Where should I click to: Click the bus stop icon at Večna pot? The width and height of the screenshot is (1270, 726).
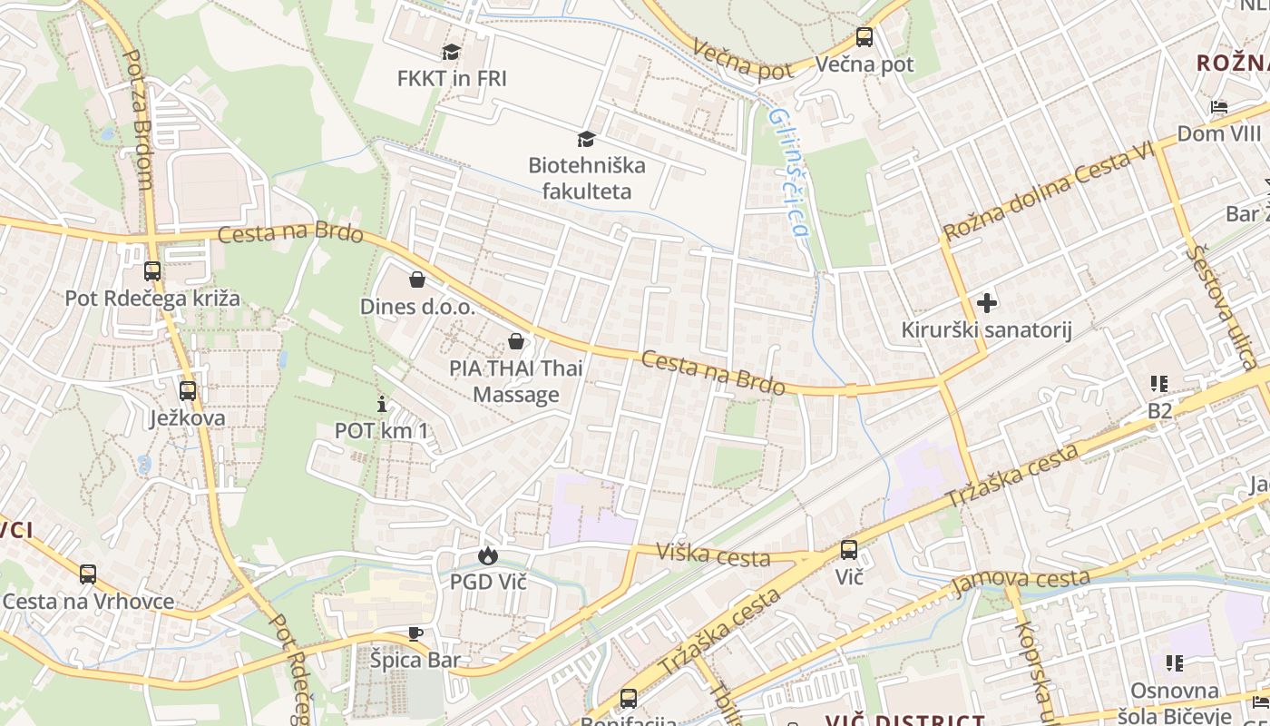pos(865,37)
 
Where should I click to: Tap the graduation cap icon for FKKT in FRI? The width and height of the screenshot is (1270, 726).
pos(451,52)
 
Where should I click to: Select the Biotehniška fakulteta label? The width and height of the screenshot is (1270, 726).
pos(587,178)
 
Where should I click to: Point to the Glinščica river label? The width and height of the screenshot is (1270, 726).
pos(786,172)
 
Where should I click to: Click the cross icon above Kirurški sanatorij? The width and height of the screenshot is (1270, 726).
pos(986,302)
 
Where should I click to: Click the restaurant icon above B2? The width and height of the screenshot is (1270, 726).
pos(1159,384)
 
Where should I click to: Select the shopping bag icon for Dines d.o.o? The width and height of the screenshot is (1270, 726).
pos(417,280)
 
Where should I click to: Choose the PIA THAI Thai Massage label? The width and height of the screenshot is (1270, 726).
pos(516,381)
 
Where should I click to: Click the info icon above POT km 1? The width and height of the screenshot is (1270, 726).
pos(382,404)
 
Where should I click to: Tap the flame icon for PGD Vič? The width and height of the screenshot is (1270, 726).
pos(488,555)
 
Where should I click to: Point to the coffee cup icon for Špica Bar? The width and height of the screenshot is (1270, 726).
pos(415,633)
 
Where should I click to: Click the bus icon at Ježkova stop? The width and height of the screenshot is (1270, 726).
pos(188,391)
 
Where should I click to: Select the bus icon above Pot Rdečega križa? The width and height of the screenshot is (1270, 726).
pos(152,270)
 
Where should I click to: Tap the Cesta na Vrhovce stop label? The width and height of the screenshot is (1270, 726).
pos(88,601)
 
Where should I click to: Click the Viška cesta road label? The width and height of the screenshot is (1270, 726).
pos(713,554)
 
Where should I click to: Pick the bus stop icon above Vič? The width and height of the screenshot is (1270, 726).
pos(849,549)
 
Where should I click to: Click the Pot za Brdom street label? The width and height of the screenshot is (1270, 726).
pos(136,118)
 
